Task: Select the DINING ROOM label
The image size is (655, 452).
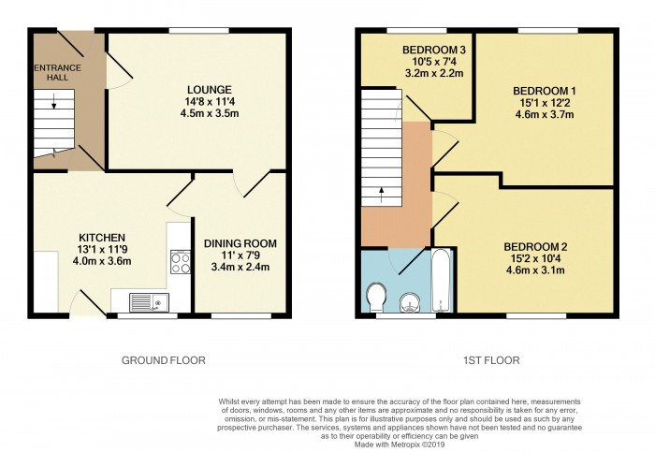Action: pos(240,243)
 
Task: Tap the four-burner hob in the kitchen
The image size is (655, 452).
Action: pos(178,262)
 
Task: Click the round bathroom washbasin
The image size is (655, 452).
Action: pos(409,300)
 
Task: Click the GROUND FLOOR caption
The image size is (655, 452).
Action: pos(164,359)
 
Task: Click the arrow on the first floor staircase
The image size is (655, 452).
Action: pos(381,194)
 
